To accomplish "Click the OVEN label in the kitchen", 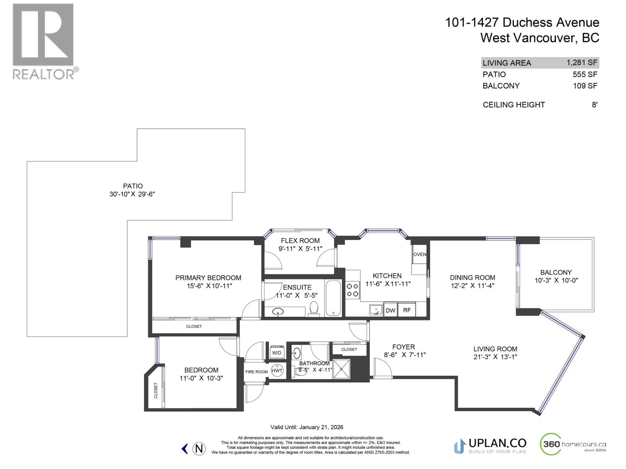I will [x=419, y=254].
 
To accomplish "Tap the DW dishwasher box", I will [x=390, y=310].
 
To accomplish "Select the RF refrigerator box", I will [x=407, y=310].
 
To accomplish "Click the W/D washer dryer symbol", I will [x=277, y=352].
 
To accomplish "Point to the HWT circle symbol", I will [x=277, y=371].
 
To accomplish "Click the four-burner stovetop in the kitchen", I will [x=353, y=290].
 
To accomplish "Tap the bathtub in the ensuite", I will [x=333, y=297].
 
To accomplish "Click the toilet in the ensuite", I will [x=313, y=308].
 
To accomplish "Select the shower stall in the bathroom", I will [x=341, y=369].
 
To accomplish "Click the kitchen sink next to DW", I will [x=376, y=310].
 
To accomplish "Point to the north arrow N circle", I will [x=199, y=448].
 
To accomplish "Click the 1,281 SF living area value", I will [x=582, y=63].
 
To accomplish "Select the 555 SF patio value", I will [x=585, y=74].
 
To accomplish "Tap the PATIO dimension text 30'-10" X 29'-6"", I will [x=132, y=194].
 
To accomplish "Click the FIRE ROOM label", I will [x=256, y=372].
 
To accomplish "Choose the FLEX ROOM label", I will [x=300, y=241].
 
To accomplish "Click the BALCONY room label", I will [x=556, y=272].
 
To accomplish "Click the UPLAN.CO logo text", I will [x=497, y=443].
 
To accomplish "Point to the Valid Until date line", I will [x=307, y=427].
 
